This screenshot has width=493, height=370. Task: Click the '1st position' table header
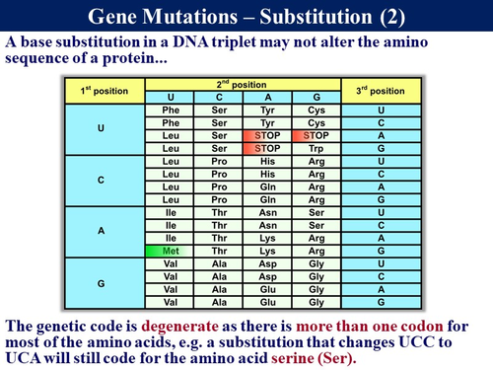[101, 92]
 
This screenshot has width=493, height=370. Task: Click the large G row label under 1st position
[101, 284]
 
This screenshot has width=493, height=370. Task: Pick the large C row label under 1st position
[101, 181]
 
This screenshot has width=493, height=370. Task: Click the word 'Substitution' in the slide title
[308, 16]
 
